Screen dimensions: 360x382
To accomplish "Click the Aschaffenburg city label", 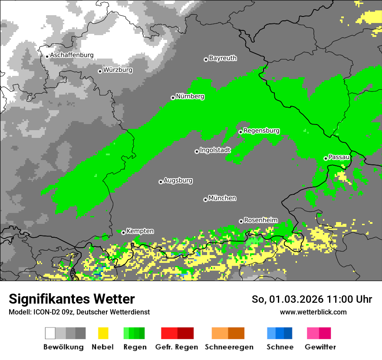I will [x=72, y=56].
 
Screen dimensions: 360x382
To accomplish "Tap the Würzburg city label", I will [x=118, y=70].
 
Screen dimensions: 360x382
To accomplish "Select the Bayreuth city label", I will [x=223, y=58].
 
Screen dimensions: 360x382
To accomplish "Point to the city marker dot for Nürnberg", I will [x=173, y=98].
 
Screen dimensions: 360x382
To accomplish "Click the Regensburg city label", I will [x=261, y=131].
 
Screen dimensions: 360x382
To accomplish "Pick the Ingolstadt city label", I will [x=215, y=150].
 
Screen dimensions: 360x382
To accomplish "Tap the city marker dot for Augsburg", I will [x=161, y=182].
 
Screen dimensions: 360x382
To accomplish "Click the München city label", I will [x=222, y=198].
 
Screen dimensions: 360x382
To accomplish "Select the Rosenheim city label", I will [x=260, y=220].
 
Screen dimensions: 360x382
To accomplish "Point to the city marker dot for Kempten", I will [x=123, y=232].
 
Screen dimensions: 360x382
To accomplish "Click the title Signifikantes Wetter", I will [x=72, y=299].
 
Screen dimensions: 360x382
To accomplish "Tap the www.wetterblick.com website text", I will [x=313, y=312].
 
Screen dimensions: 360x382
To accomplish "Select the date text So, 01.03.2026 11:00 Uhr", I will [x=312, y=299].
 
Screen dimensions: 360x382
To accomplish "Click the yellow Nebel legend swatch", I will [x=103, y=333].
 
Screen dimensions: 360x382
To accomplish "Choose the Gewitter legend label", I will [x=320, y=347].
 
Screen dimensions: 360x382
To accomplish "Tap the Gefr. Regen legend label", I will [x=177, y=347].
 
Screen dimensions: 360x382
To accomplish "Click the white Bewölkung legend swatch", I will [x=50, y=333].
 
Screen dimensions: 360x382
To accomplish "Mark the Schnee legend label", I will [x=280, y=347].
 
